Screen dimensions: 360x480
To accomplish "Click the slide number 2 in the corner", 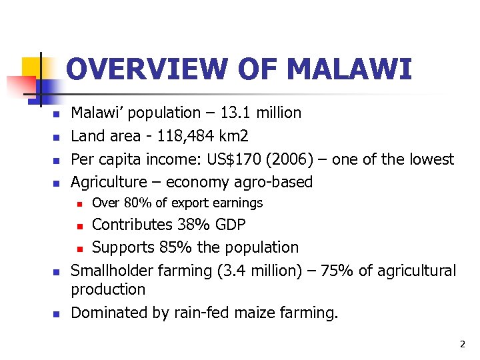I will pyautogui.click(x=461, y=344).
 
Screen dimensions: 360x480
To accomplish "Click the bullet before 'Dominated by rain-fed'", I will pyautogui.click(x=57, y=313).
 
